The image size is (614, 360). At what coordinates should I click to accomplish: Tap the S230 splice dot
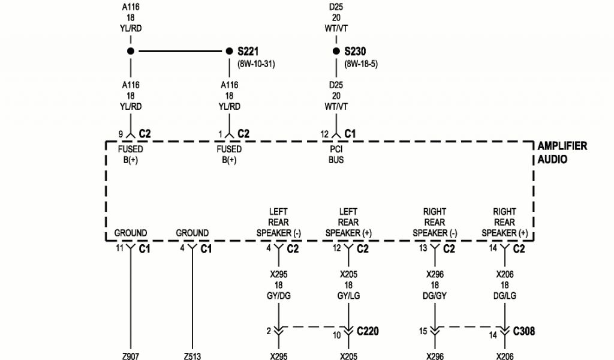click(336, 52)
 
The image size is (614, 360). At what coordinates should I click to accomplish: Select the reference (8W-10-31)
click(257, 63)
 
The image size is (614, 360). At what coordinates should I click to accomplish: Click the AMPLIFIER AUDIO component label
click(562, 152)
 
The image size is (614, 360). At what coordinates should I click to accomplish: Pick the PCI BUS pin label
click(336, 155)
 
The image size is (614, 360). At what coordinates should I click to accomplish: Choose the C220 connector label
click(368, 331)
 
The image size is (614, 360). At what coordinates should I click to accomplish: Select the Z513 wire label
click(192, 356)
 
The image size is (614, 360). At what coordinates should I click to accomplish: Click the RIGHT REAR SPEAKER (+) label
click(504, 222)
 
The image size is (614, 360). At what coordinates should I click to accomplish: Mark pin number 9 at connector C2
click(121, 133)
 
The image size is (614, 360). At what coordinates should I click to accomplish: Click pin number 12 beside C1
click(324, 133)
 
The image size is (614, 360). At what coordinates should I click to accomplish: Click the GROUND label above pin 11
click(130, 233)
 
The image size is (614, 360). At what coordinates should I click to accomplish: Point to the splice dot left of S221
click(130, 52)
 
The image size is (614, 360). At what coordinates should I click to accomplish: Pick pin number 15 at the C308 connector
click(423, 331)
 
